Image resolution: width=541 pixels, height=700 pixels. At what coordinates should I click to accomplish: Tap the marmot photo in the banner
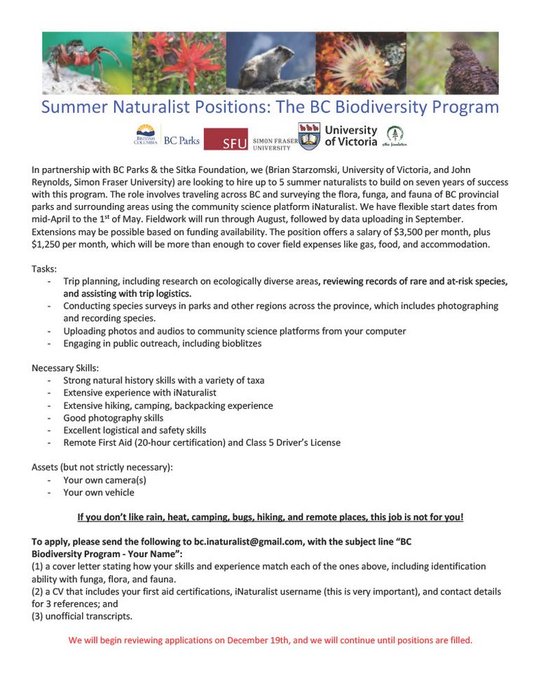[270, 63]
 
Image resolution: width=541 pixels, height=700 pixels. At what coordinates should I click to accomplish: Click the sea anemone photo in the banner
[361, 63]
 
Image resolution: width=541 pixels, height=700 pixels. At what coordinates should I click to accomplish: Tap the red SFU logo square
[225, 139]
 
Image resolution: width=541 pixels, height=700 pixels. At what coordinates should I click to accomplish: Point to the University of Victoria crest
[310, 136]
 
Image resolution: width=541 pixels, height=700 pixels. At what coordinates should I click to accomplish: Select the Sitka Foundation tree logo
[395, 136]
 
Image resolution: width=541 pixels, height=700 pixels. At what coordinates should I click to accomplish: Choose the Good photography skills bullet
[113, 418]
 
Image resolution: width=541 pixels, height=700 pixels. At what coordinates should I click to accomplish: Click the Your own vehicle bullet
[98, 493]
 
